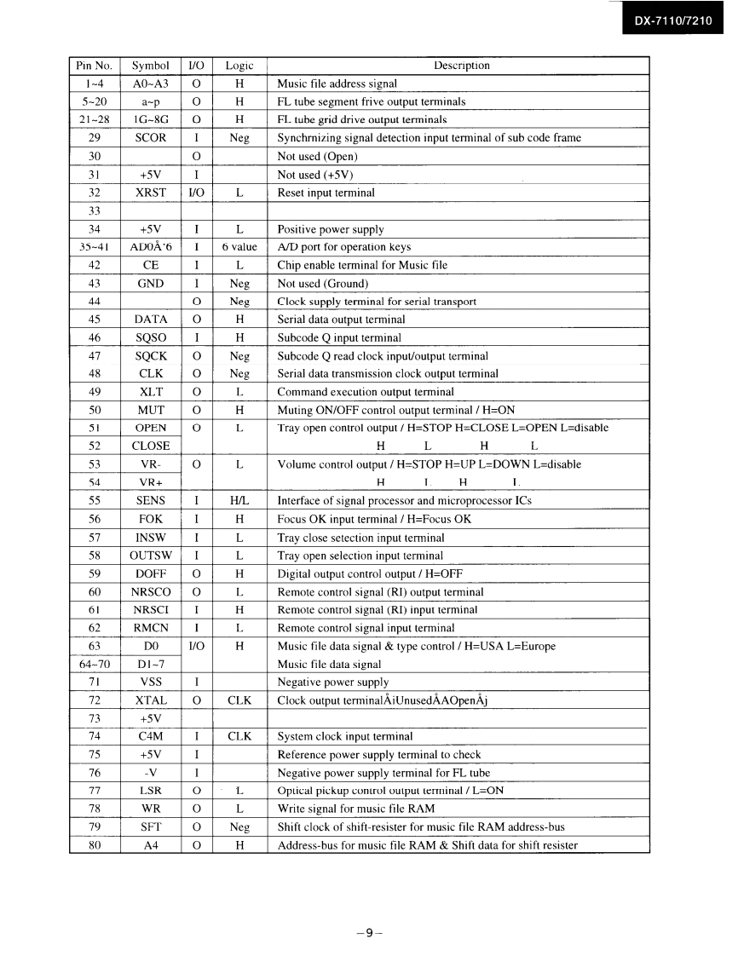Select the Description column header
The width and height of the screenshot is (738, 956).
[x=461, y=66]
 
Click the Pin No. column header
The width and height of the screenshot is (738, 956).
[x=94, y=66]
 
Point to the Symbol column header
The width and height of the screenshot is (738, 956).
[x=150, y=66]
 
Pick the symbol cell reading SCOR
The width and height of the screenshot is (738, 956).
[x=150, y=138]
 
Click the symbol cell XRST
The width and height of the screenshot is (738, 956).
[x=150, y=193]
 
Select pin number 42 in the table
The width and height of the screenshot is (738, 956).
[x=94, y=265]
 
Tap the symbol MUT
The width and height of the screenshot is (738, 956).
[x=150, y=410]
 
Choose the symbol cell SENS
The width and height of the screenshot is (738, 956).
[x=150, y=501]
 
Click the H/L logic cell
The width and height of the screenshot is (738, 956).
[x=239, y=501]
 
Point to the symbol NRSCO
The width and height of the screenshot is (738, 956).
[x=150, y=592]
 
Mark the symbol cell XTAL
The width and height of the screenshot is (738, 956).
[x=150, y=700]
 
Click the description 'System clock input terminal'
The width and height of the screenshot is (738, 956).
[x=345, y=737]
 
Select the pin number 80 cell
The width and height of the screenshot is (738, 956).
[x=94, y=846]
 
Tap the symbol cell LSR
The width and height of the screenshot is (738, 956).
[x=150, y=791]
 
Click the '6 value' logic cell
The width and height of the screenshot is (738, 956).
[x=239, y=247]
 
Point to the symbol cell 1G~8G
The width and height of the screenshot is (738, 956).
[x=150, y=120]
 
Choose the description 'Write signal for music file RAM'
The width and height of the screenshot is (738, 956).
[x=356, y=809]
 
